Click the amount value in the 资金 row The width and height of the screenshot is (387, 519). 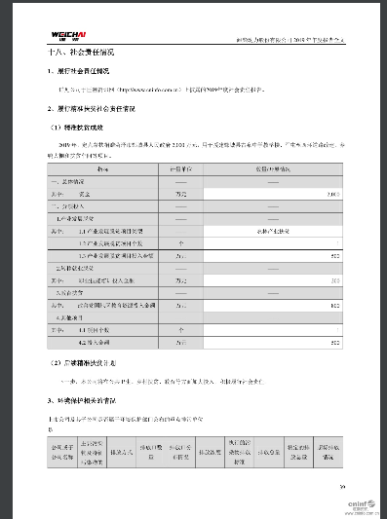(x=332, y=194)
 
